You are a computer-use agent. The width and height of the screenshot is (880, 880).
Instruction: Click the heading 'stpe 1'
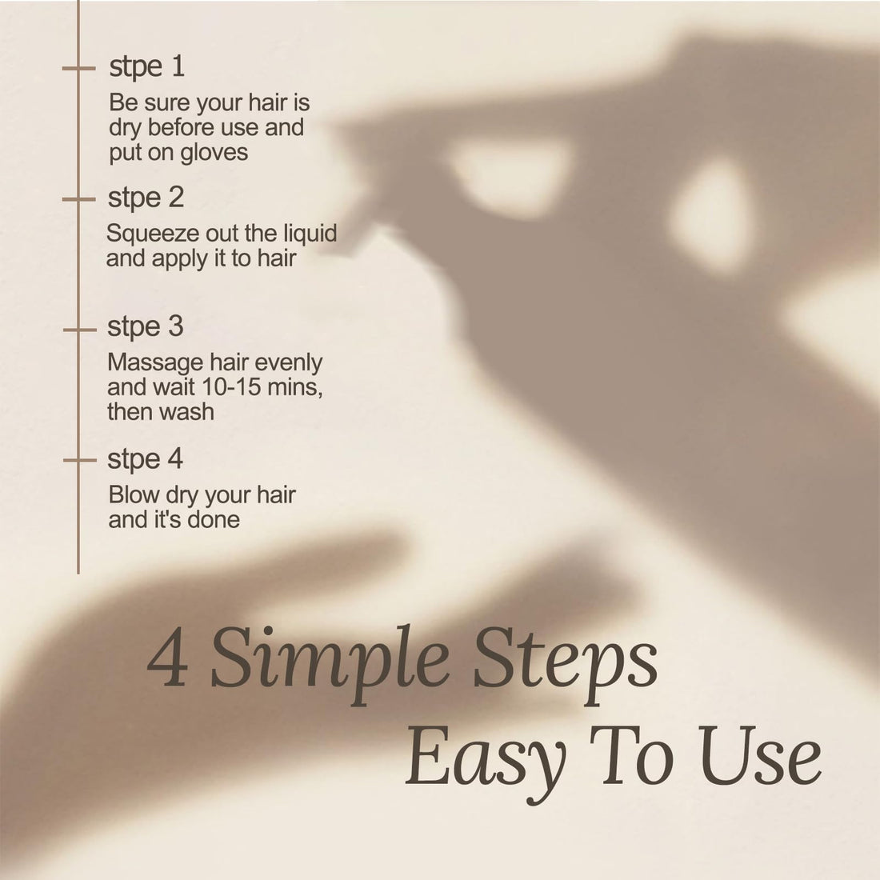pyautogui.click(x=146, y=66)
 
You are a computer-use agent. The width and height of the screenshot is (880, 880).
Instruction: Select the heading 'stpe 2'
pyautogui.click(x=146, y=198)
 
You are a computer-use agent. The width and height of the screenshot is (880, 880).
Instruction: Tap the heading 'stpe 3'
pyautogui.click(x=146, y=327)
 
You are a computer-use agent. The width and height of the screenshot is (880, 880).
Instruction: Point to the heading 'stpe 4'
pyautogui.click(x=146, y=460)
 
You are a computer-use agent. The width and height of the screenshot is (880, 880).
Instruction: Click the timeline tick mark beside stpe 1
pyautogui.click(x=78, y=69)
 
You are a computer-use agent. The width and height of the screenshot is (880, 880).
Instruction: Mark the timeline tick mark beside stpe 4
pyautogui.click(x=79, y=460)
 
